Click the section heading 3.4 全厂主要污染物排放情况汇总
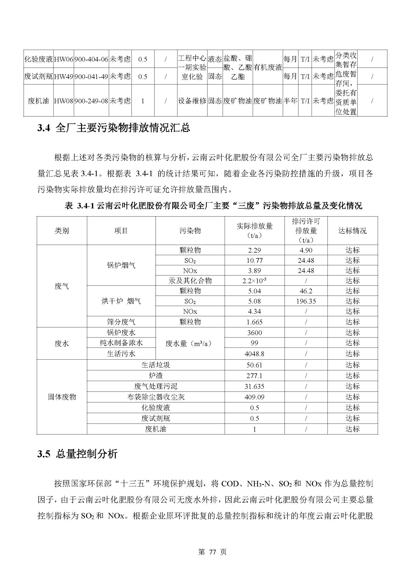(114, 128)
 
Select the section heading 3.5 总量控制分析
(78, 454)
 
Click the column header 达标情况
(352, 231)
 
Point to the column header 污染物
(190, 231)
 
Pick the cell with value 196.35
(306, 301)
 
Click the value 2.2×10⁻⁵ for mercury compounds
(254, 281)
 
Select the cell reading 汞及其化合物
(190, 281)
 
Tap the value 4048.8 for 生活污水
(254, 354)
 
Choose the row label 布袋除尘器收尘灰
(156, 397)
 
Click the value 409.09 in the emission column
(254, 397)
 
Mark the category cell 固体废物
(62, 397)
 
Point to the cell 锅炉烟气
(121, 265)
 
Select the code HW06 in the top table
(64, 59)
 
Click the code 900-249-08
(91, 101)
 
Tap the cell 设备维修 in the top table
(192, 101)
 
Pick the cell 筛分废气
(121, 322)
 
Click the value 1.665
(254, 322)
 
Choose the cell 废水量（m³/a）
(190, 343)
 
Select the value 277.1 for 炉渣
(254, 376)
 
